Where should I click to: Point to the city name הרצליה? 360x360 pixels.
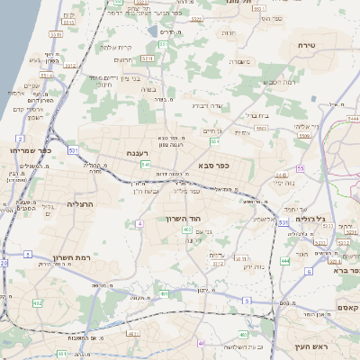pos(82,205)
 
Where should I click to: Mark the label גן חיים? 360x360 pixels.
pos(212,131)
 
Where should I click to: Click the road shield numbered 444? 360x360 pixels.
pos(284,261)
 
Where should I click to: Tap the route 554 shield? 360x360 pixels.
pos(215,141)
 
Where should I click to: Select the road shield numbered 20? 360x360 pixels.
pos(4,263)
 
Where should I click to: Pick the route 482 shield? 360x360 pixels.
pos(38,303)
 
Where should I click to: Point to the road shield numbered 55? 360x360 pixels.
pos(301,168)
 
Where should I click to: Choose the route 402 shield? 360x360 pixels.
pos(187,230)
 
